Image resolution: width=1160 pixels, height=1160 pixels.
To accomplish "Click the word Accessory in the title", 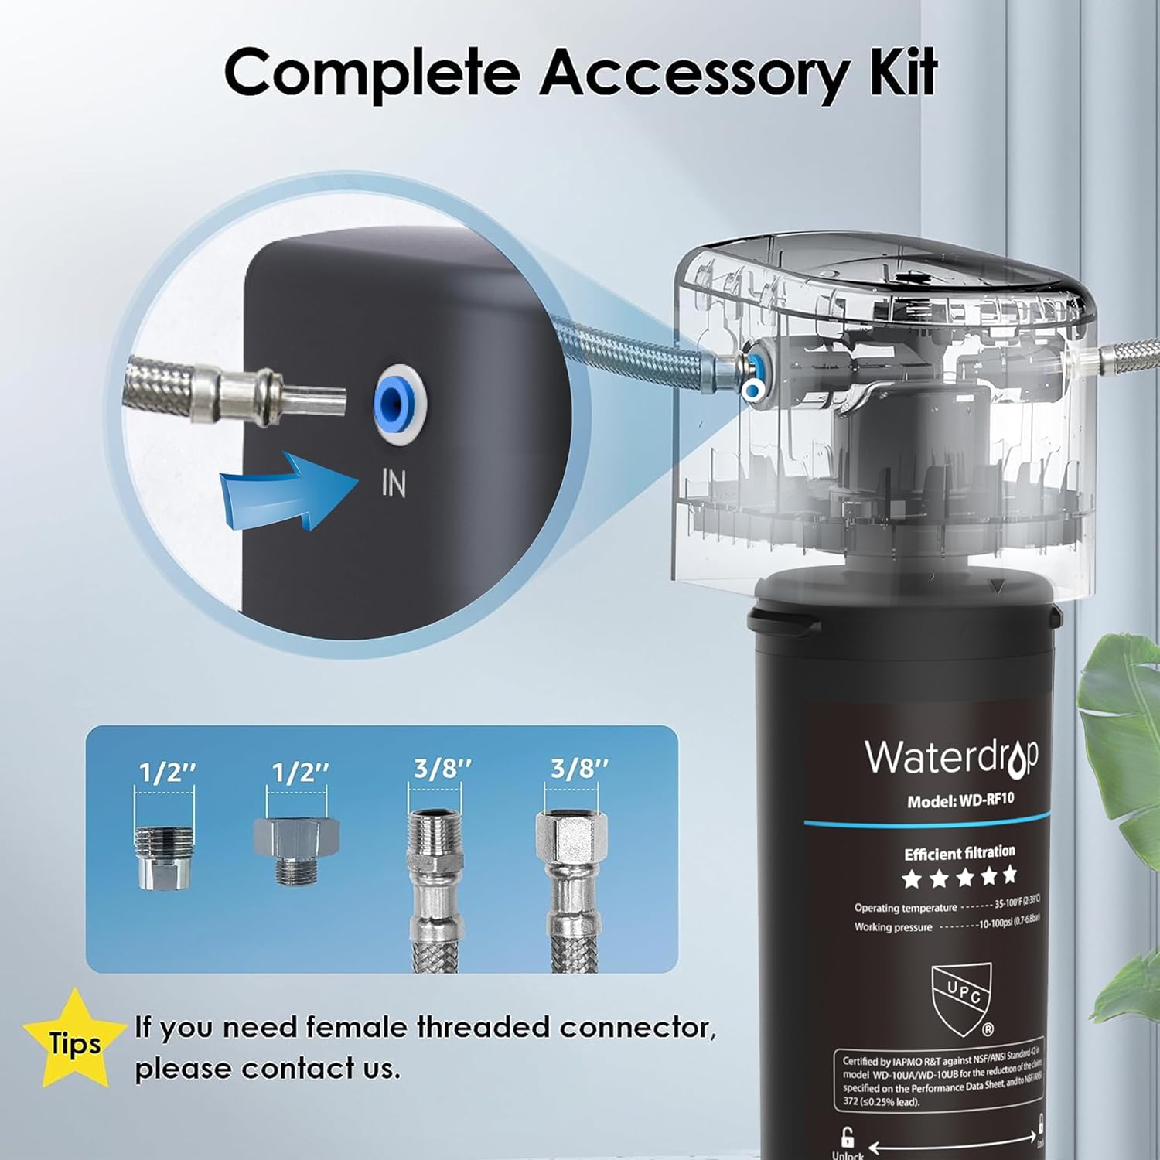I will click(693, 73).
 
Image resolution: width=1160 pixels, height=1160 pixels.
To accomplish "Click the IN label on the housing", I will click(394, 483).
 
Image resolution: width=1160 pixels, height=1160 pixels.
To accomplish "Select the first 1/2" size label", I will click(166, 772).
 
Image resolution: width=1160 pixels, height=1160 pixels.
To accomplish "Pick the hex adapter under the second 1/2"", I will click(296, 849).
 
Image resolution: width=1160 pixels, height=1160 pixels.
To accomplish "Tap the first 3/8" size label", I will click(442, 769).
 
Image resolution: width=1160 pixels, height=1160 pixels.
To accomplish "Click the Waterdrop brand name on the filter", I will click(950, 758).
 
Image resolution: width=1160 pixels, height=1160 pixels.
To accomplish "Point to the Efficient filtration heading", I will click(959, 853).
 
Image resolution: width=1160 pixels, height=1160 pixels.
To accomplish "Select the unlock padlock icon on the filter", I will click(848, 1137).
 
